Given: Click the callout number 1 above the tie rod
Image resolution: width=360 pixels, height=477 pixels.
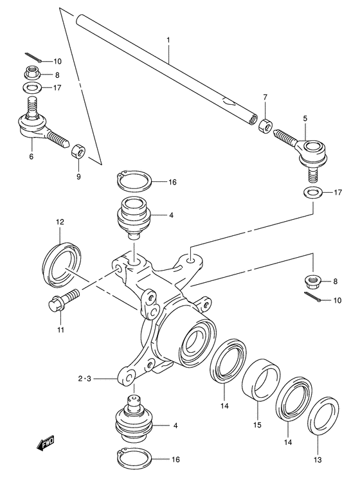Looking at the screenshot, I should click(168, 40).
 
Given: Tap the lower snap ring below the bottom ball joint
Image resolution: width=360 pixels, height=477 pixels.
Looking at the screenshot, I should click(134, 458).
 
